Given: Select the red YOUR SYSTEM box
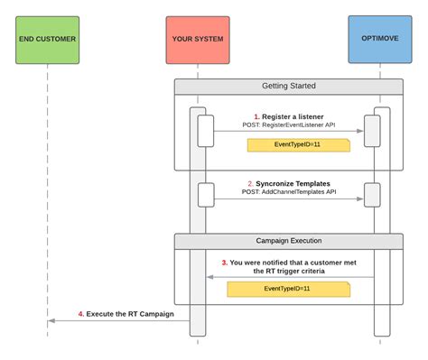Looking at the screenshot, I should coord(196,40).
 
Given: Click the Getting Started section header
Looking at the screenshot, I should coord(288,88).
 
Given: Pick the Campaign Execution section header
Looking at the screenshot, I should coord(288,241).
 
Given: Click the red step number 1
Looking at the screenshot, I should coord(256,116).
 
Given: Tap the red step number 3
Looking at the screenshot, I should coord(224,263).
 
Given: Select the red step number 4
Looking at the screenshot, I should coord(80,313).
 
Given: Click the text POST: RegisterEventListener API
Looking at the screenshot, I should coord(288,126).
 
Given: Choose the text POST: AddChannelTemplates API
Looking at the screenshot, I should coord(288,191).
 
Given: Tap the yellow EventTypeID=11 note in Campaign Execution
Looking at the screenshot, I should coord(287,289).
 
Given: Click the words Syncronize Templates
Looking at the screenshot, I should coord(293,182).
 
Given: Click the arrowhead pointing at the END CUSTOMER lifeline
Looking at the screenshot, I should coord(51,321).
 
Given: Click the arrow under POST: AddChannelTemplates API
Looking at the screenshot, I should coord(288,199).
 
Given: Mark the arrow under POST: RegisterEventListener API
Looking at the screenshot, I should coord(288,132).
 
